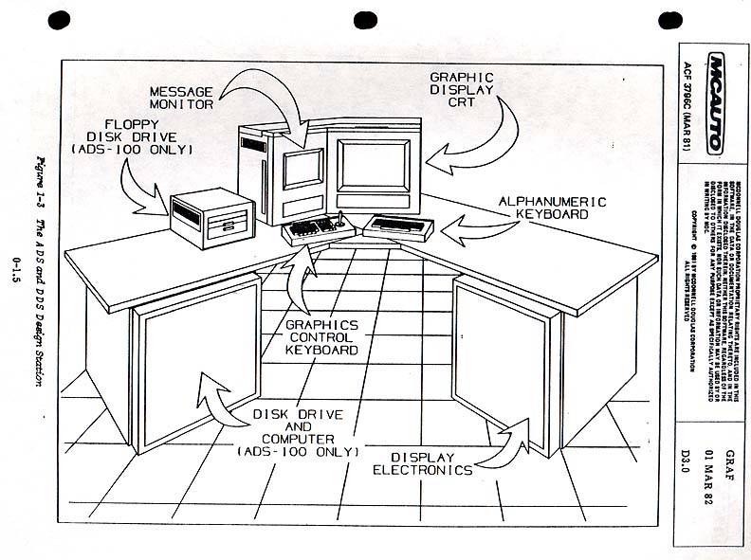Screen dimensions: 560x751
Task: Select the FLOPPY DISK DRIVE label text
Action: [x=132, y=137]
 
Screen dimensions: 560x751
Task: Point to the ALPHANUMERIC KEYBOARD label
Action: [x=544, y=208]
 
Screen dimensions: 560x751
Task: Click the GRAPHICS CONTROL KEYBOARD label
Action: [x=321, y=336]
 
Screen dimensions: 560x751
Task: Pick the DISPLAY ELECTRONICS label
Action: [x=422, y=462]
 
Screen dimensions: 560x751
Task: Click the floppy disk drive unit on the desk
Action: [x=212, y=214]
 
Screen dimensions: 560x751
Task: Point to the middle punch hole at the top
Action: [x=365, y=20]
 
